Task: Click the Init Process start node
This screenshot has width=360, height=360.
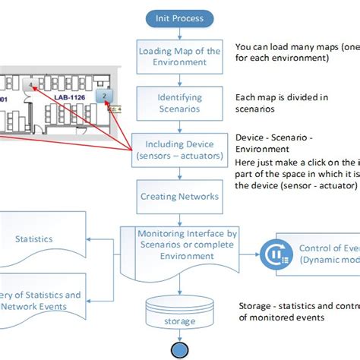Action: click(180, 17)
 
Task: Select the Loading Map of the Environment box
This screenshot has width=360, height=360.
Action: click(179, 57)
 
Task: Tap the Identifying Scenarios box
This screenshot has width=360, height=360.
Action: click(179, 103)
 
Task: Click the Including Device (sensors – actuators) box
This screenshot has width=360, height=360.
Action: click(179, 149)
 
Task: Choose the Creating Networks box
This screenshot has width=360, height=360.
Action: click(179, 197)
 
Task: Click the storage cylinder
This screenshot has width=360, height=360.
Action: click(180, 314)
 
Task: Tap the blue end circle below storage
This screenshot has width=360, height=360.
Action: click(180, 349)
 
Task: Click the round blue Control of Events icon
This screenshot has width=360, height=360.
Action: click(272, 253)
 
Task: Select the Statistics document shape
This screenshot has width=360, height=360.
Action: click(34, 240)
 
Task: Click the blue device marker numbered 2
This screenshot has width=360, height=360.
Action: click(104, 96)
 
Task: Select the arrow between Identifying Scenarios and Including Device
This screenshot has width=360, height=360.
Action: click(180, 126)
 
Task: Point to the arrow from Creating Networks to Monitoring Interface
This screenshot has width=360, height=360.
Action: click(180, 216)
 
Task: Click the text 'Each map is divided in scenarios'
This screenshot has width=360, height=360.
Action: click(281, 103)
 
